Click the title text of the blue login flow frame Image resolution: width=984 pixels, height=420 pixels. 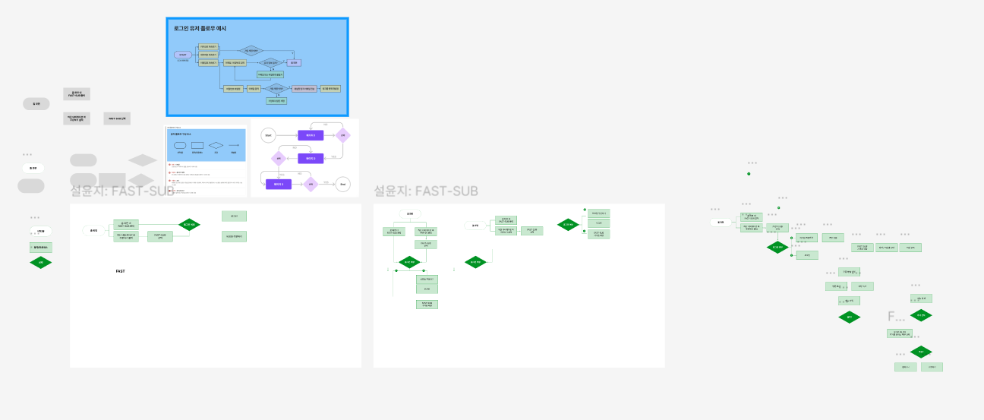[x=200, y=28]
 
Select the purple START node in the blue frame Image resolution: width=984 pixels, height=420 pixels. [x=182, y=55]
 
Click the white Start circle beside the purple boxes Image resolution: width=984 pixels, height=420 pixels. [x=267, y=135]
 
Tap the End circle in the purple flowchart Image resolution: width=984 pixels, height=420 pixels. [x=342, y=184]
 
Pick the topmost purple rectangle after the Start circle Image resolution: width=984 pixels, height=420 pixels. [x=310, y=135]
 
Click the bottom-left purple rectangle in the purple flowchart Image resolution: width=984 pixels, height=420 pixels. [x=278, y=184]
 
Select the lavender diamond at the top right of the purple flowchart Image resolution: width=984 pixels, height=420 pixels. [x=342, y=135]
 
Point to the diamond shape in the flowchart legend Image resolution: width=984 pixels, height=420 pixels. [x=216, y=144]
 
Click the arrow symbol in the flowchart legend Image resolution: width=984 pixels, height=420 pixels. [x=234, y=144]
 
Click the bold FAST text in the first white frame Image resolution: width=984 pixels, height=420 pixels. [x=121, y=271]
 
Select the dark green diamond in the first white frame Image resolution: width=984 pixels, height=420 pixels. [x=189, y=224]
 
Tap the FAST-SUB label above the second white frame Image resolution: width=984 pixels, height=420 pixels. [x=425, y=191]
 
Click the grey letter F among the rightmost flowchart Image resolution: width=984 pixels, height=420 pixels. [x=891, y=316]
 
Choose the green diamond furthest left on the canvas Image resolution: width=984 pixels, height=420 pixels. [x=40, y=262]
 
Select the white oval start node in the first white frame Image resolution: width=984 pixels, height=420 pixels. [x=94, y=230]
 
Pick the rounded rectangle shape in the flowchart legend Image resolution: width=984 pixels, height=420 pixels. [x=180, y=144]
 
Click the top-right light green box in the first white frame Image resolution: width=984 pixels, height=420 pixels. [x=234, y=216]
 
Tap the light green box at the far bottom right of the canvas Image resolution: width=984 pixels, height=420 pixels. [x=932, y=367]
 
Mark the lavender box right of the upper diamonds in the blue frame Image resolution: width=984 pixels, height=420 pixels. [x=295, y=62]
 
